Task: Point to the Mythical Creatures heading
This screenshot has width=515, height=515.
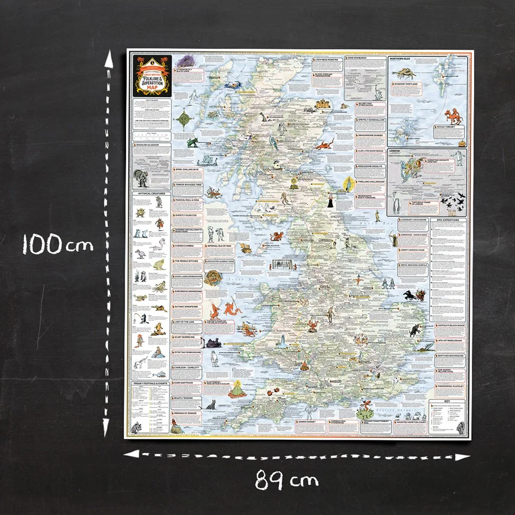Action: point(151,194)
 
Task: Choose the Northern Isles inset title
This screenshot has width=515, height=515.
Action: point(403,59)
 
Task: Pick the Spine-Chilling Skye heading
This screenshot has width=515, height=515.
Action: point(189,168)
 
